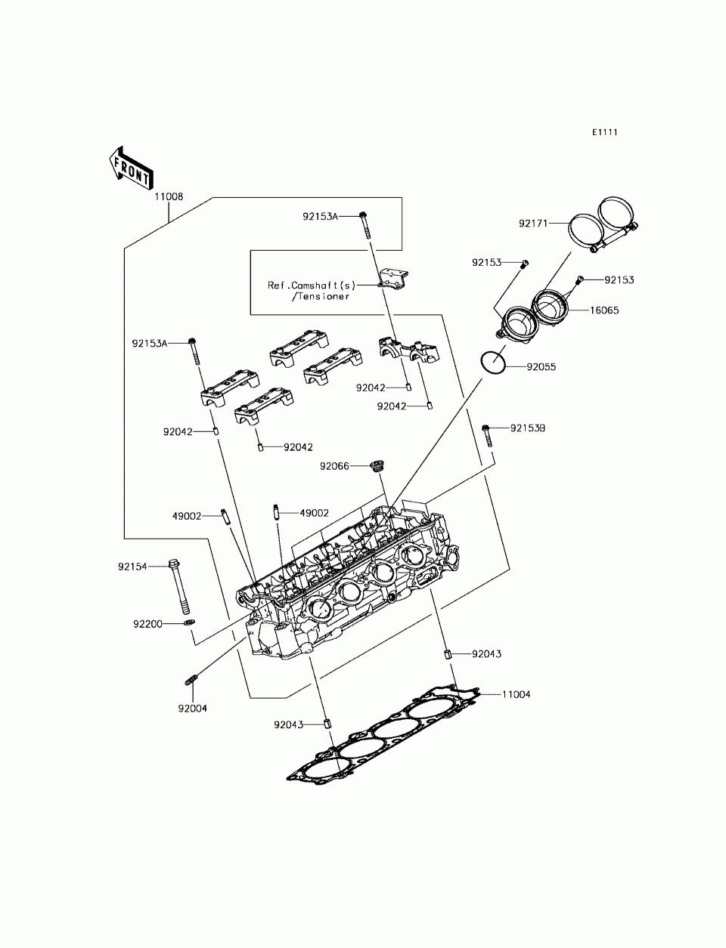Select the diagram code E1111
(604, 132)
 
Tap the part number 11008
(169, 196)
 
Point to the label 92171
(533, 224)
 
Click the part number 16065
(604, 310)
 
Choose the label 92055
(541, 366)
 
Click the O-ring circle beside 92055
(493, 363)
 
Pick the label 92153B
(528, 428)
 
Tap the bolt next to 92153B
(487, 436)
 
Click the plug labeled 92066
(378, 466)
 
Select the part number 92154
(132, 567)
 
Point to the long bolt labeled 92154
(179, 587)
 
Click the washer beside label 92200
(189, 622)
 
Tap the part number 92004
(192, 709)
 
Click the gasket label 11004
(516, 694)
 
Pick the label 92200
(147, 624)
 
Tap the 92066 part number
(334, 466)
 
